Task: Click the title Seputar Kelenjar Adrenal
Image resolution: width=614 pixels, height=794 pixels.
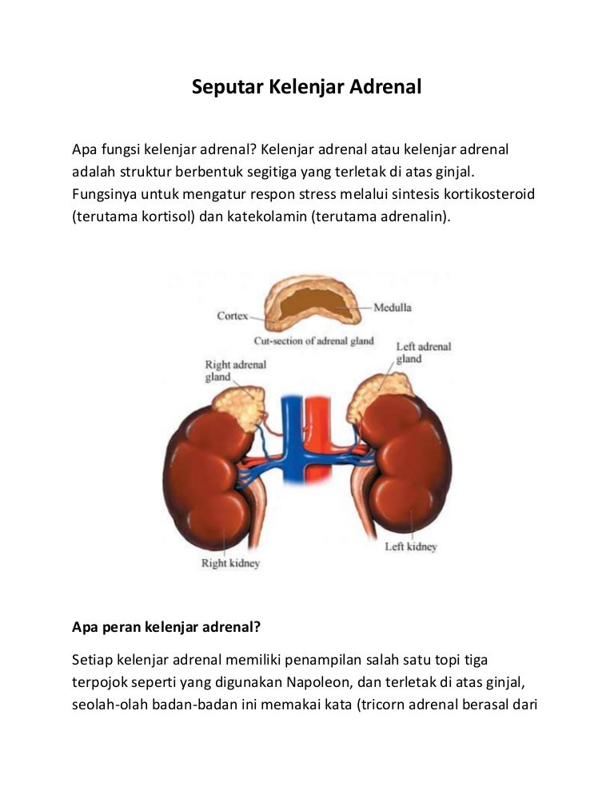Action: pos(306,87)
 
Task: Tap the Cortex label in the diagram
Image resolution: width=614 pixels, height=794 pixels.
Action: pos(233,316)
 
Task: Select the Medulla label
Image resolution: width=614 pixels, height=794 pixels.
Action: pos(393,308)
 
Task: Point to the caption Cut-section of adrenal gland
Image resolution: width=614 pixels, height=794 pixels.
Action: pos(314,341)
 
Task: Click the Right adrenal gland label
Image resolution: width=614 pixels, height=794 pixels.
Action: pos(235,371)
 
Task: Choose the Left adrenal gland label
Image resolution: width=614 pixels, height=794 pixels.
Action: pos(424,352)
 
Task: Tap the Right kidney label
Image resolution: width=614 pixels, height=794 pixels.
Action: pos(231,562)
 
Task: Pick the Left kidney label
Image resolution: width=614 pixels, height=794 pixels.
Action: pos(411,546)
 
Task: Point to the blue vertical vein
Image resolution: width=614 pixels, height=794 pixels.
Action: pos(292,438)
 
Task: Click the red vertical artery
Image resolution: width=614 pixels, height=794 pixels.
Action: pos(318,438)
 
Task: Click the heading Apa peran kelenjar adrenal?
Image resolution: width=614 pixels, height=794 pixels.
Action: pos(166,627)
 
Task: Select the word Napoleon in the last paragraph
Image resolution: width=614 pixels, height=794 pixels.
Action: pos(319,682)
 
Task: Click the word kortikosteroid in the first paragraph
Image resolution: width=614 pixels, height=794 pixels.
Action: pos(489,194)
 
